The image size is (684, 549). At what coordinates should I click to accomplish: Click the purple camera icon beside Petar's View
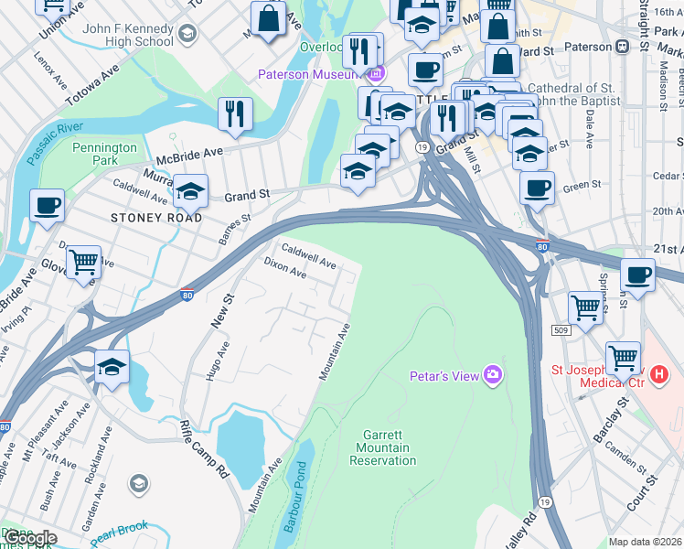click(x=494, y=373)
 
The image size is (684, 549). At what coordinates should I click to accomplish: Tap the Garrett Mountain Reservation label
click(x=382, y=447)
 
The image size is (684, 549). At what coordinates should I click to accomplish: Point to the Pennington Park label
click(x=104, y=154)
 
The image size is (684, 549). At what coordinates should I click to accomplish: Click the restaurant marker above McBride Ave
click(x=235, y=114)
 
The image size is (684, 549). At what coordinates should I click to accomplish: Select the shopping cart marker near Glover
click(x=83, y=264)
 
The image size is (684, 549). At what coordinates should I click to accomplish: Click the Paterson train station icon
click(x=623, y=47)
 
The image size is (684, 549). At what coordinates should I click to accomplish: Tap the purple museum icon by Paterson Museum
click(x=377, y=72)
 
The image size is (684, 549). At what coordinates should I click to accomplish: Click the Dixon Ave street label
click(x=285, y=266)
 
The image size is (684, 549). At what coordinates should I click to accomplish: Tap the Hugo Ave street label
click(x=217, y=362)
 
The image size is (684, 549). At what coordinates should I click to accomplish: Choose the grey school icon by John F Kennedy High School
click(x=187, y=35)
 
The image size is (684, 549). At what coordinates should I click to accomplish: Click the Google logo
click(x=29, y=538)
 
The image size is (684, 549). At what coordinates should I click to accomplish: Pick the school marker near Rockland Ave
click(x=112, y=368)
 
